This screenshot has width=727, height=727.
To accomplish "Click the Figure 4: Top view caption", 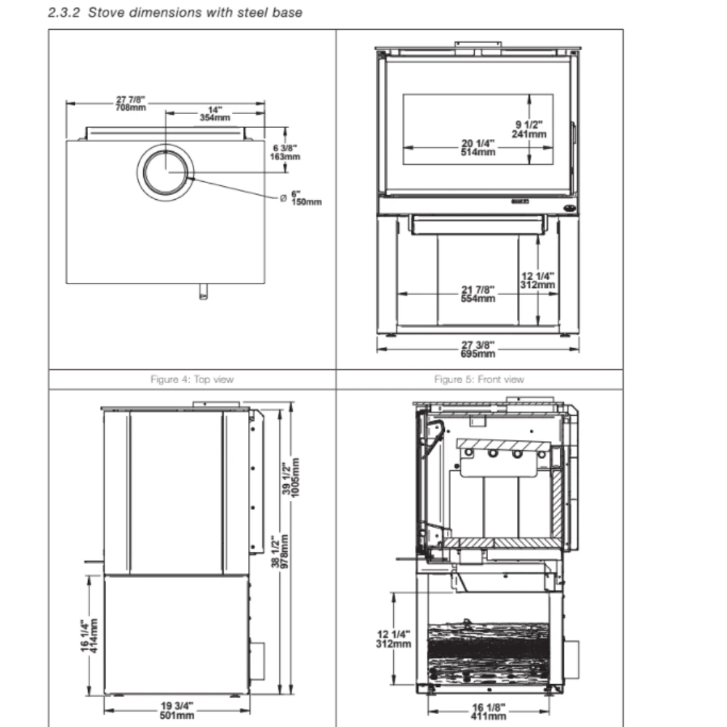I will (192, 379).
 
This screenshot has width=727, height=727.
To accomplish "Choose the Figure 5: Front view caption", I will (478, 379).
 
